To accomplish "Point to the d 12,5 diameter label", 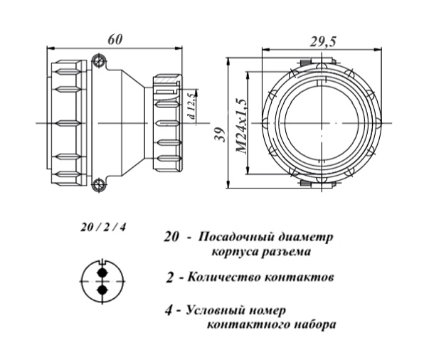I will coord(190,105).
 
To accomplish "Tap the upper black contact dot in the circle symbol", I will coord(101,272).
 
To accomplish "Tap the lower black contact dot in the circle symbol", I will coord(101,290).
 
